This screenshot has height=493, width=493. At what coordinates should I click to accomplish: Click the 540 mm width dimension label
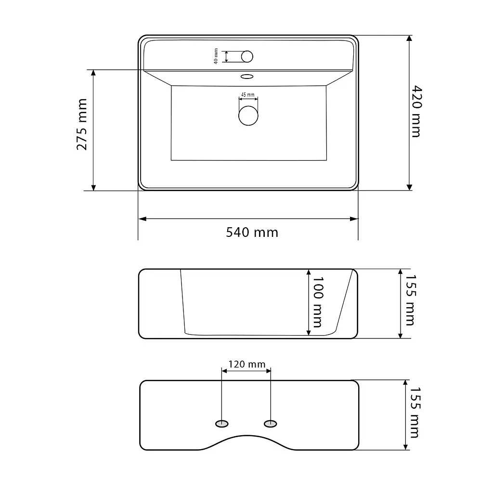252,233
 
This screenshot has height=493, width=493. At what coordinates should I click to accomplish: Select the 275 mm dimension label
82,125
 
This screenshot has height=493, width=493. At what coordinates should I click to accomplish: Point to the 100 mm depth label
318,302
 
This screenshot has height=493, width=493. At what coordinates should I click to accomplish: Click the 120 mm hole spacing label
247,364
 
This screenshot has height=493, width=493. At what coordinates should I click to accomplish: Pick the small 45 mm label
248,95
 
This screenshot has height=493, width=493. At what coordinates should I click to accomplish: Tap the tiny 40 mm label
216,56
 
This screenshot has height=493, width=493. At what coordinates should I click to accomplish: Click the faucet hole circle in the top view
247,57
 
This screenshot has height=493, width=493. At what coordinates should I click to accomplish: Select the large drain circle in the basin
248,116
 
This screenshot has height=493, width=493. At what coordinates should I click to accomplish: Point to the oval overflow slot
247,77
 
